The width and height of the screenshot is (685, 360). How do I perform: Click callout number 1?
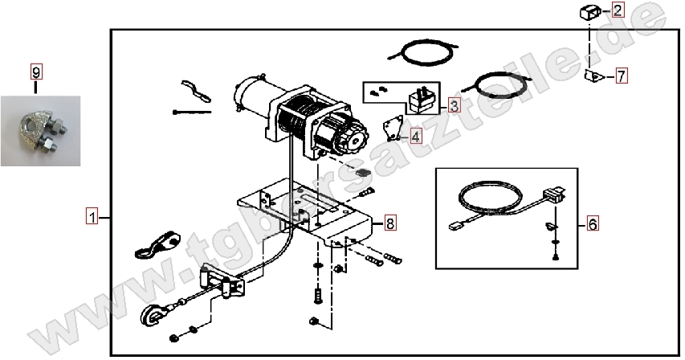tap(92, 217)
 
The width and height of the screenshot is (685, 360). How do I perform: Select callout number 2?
tap(618, 10)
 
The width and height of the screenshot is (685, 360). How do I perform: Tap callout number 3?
tap(454, 105)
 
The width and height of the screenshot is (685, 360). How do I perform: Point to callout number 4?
tap(415, 137)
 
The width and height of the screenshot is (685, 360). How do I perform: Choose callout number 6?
tap(593, 223)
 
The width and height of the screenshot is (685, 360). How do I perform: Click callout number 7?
tap(622, 76)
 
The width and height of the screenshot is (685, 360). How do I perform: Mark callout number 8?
tap(389, 223)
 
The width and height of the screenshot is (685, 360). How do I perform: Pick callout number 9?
tap(36, 72)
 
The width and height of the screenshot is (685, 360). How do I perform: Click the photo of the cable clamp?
tap(41, 131)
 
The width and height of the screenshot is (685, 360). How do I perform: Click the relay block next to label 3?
tap(421, 101)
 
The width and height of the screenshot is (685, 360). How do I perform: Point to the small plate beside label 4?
tap(393, 129)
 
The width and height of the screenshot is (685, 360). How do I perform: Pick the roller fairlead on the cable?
tap(222, 280)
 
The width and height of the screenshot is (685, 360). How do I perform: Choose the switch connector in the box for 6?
tap(554, 195)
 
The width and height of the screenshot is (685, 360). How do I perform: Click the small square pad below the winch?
tap(362, 172)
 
